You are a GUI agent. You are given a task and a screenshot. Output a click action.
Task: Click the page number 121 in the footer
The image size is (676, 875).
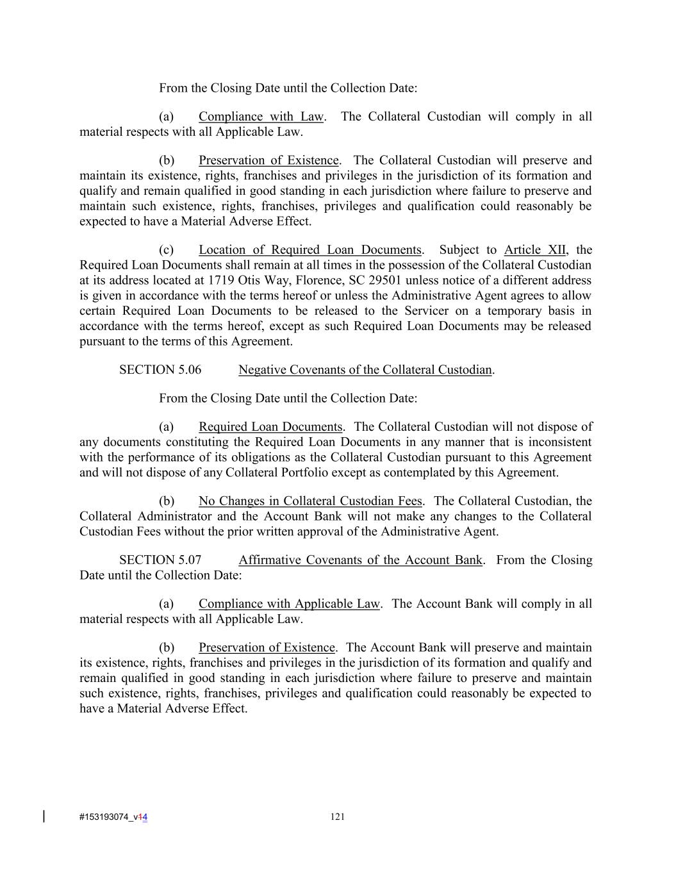coord(338,817)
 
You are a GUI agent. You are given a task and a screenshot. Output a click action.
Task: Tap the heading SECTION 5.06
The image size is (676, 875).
coord(160,370)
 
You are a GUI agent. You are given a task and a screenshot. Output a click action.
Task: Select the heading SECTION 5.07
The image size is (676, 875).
coord(160,560)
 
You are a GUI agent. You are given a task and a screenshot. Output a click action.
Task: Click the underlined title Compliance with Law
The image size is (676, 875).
coord(261,117)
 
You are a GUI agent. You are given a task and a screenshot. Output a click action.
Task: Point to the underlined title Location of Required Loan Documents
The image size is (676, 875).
coord(310,250)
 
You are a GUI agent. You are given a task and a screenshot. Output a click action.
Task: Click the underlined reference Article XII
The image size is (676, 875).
coord(534,250)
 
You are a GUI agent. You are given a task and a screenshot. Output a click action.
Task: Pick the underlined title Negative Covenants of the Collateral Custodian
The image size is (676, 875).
coord(365,370)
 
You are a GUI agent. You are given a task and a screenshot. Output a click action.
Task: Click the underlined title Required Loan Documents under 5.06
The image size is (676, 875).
coord(270,427)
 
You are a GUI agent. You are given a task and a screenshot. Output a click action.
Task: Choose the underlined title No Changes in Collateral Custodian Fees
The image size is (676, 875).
coord(310,501)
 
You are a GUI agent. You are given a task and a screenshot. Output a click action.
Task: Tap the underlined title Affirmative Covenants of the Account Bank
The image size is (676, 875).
coord(360,560)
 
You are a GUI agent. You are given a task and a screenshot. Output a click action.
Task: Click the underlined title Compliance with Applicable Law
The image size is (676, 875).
coord(289,604)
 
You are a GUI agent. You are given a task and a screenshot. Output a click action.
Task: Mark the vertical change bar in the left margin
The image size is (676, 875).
coord(44,816)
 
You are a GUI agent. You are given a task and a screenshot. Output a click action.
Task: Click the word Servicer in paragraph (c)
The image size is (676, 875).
coord(427,312)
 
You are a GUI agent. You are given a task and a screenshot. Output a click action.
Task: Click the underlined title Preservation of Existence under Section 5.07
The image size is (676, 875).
coord(267,647)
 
